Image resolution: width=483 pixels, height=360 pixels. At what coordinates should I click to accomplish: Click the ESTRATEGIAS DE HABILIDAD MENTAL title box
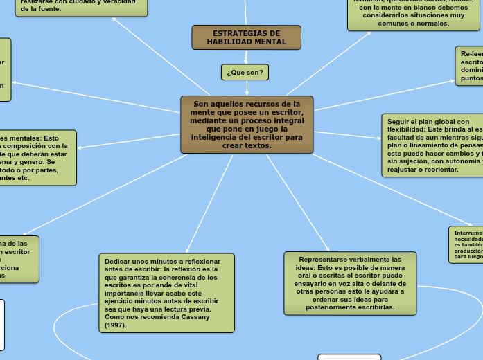(x=246, y=37)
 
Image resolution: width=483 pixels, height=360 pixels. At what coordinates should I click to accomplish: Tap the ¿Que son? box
(x=245, y=71)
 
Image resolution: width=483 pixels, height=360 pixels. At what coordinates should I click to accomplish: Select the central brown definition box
(x=247, y=125)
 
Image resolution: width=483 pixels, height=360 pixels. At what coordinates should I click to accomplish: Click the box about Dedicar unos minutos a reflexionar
(x=166, y=291)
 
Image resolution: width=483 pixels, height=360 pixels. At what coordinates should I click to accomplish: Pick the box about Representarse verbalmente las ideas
(x=350, y=283)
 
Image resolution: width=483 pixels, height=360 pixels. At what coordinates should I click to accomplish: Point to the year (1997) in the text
(x=115, y=325)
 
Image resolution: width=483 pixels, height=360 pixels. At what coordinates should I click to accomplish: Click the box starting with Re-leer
(x=470, y=66)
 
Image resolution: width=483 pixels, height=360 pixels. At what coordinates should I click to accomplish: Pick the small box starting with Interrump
(x=466, y=244)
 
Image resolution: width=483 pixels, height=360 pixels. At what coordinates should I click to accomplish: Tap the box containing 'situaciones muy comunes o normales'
(x=414, y=15)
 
